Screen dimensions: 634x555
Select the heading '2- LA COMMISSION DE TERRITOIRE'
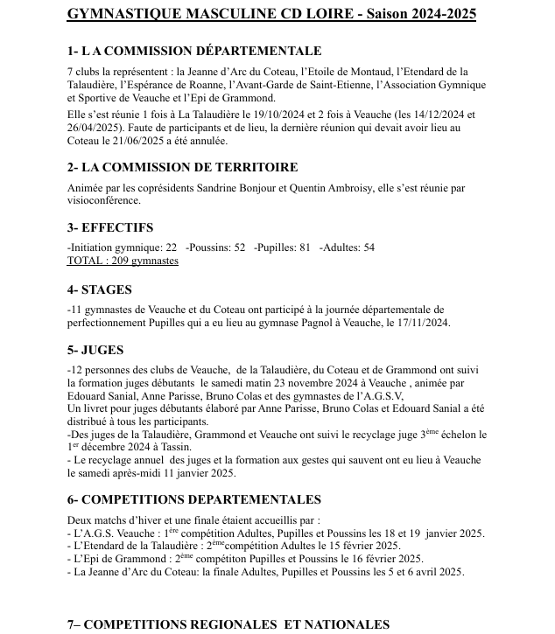[x=182, y=167]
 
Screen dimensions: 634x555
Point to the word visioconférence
[x=102, y=199]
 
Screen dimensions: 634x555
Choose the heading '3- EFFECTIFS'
[x=110, y=227]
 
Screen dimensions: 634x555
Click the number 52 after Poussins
[x=239, y=247]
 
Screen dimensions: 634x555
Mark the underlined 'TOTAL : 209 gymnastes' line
[x=123, y=261]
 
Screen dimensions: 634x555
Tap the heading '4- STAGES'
[x=100, y=289]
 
